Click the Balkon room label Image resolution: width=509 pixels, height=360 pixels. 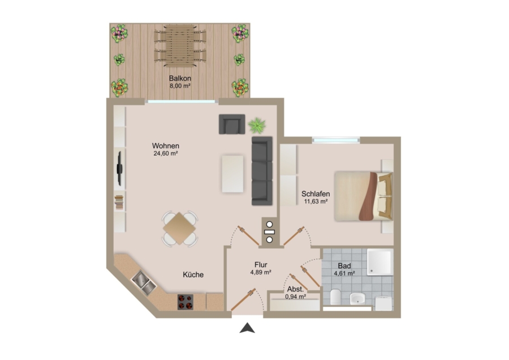click(180, 78)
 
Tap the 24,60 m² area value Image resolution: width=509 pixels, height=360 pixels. click(166, 153)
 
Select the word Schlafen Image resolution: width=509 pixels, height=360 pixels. click(316, 194)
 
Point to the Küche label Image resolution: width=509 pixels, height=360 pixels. click(193, 275)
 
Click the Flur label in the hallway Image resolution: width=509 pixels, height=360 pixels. click(261, 265)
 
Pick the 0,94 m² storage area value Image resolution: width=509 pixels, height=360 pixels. click(295, 297)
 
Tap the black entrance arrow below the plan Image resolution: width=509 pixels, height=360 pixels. click(247, 328)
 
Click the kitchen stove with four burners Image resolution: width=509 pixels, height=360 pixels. click(186, 302)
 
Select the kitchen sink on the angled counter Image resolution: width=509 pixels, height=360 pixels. click(144, 282)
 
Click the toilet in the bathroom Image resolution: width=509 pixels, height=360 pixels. click(335, 296)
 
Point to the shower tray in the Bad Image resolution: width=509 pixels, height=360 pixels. click(380, 262)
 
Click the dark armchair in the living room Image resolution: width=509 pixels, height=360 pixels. click(232, 124)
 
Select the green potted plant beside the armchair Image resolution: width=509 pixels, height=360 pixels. click(257, 126)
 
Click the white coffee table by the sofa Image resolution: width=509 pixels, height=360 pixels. click(232, 174)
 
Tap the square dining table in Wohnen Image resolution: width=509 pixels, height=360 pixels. click(179, 229)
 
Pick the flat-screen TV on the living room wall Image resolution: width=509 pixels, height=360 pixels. click(119, 168)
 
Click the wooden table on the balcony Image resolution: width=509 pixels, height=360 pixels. click(180, 45)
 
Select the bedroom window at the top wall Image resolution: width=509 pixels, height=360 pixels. click(336, 140)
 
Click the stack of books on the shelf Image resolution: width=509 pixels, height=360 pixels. click(119, 202)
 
